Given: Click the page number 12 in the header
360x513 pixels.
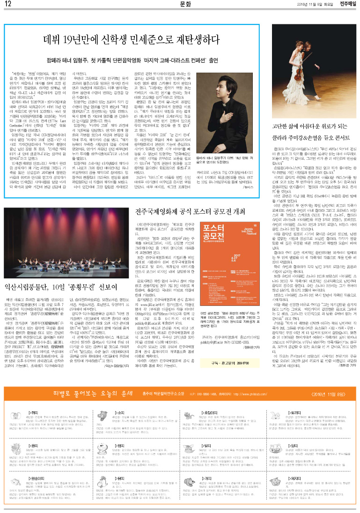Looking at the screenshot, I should point(9,5).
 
